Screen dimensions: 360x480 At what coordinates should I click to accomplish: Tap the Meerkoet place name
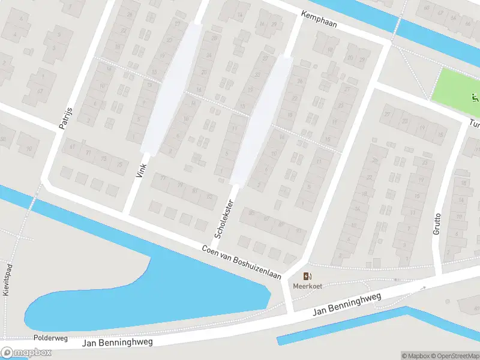307,286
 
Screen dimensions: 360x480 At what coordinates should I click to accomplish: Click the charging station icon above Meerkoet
307,276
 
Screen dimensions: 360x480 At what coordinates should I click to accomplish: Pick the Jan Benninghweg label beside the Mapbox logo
117,342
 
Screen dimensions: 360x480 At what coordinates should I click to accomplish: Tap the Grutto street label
437,224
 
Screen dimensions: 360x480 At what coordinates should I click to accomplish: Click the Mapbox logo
26,353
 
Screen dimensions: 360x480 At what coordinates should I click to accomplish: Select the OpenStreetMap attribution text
452,356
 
